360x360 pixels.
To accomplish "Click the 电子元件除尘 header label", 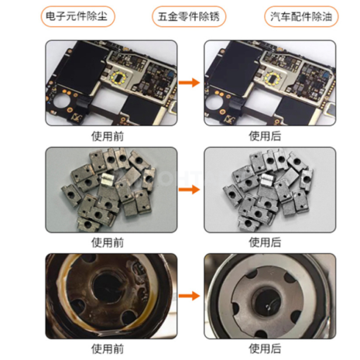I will [72, 15].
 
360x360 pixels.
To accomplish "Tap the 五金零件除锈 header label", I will [180, 15].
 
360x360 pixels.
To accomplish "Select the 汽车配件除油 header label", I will [288, 15].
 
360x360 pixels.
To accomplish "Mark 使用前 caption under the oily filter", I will [108, 349].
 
